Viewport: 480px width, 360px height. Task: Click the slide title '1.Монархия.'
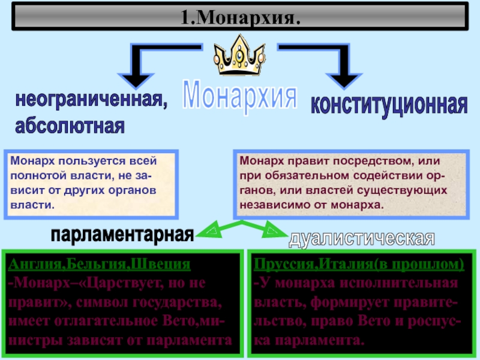point(240,16)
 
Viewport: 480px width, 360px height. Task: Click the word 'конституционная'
point(389,104)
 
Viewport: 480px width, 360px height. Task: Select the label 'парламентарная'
point(122,235)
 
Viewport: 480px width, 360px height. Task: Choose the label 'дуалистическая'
point(361,238)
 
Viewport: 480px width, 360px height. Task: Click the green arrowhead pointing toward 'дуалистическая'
point(273,230)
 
